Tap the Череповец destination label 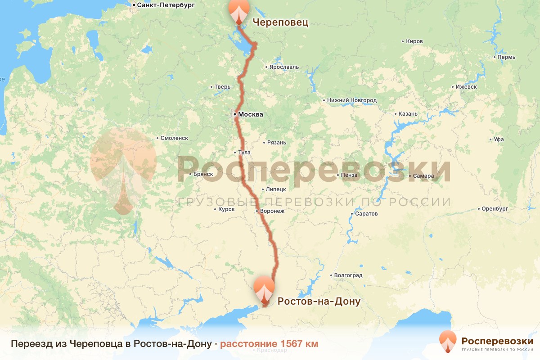(280, 22)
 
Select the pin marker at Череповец (238, 12)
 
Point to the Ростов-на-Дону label (319, 301)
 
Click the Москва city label (250, 114)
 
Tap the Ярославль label (284, 67)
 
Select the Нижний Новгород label (352, 100)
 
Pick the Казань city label (408, 114)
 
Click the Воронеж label (271, 211)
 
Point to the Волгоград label (348, 275)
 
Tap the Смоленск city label (174, 138)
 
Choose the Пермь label (506, 57)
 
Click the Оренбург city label (494, 209)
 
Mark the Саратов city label (366, 214)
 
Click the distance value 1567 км (269, 344)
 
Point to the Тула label (245, 153)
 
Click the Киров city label (414, 41)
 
